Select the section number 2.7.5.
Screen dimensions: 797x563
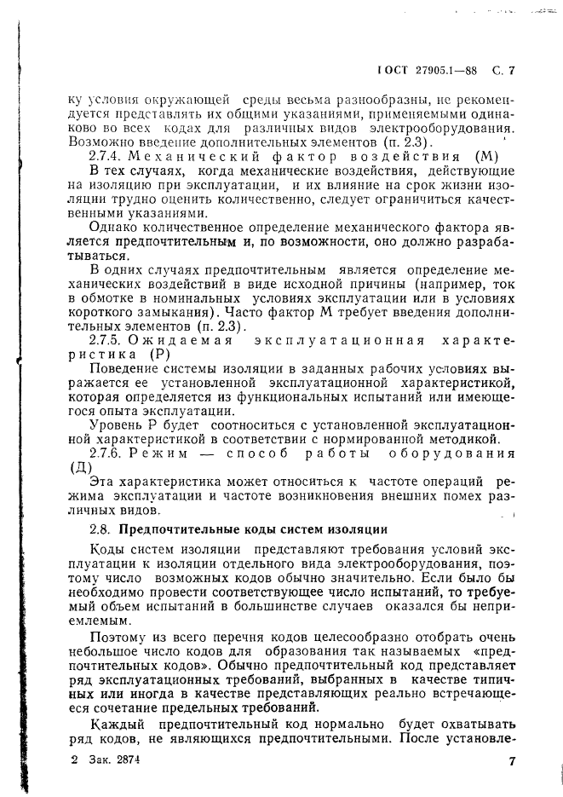tap(107, 340)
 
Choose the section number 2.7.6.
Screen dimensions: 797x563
tap(107, 453)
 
